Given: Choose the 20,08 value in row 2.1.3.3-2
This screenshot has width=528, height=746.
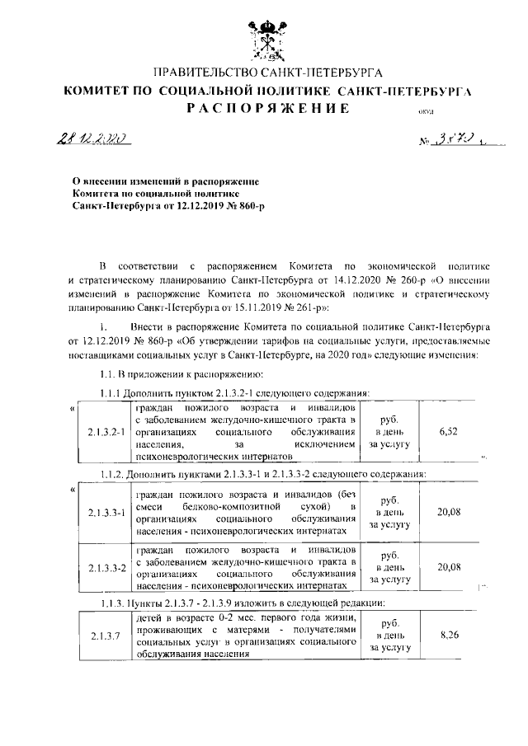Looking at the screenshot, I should tap(449, 566).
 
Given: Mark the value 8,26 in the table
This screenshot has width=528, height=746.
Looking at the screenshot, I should tap(449, 636).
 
